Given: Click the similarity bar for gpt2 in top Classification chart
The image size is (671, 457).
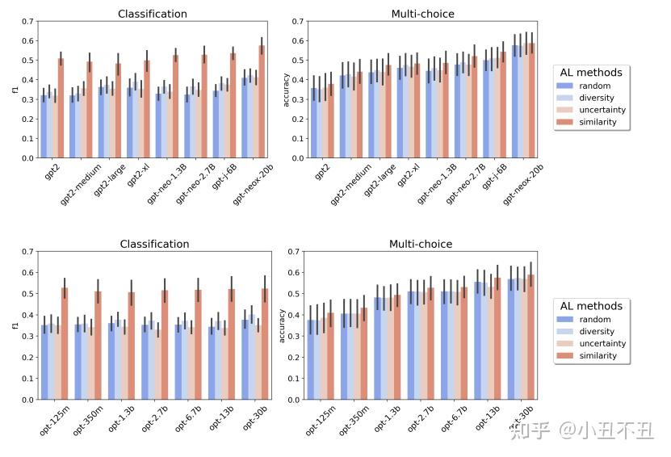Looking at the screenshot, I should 61,109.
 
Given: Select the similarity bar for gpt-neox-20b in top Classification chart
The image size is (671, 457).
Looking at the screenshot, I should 262,103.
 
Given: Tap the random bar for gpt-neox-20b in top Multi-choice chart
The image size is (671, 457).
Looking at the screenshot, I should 515,103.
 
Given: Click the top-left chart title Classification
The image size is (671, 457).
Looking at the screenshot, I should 153,14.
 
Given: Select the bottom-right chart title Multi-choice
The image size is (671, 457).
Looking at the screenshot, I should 421,244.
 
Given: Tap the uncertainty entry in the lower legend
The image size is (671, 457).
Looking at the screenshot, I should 601,344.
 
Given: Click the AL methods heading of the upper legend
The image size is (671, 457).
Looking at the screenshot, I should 592,73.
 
